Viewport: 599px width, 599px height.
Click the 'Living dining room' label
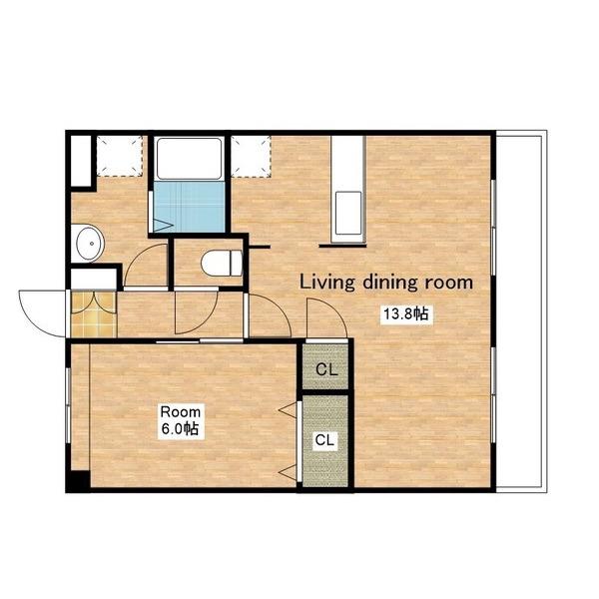coord(385,283)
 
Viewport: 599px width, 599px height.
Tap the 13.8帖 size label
coord(406,314)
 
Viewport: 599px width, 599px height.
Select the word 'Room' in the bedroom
coord(181,411)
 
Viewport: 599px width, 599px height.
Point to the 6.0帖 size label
coord(180,428)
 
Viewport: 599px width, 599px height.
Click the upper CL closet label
coord(326,369)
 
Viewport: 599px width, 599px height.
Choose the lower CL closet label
coord(324,440)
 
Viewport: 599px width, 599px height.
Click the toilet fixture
coord(222,263)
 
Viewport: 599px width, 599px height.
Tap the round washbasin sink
coord(90,244)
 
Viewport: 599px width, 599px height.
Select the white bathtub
coord(189,159)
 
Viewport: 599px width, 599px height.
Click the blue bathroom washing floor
coord(189,207)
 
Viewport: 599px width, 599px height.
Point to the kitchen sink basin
coord(348,214)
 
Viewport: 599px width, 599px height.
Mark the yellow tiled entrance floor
coord(93,314)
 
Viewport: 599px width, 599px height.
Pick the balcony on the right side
coord(521,310)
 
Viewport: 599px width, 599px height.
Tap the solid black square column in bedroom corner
coord(78,480)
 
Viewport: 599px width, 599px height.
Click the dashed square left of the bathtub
coord(120,156)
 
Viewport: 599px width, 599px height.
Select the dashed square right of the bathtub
coord(251,157)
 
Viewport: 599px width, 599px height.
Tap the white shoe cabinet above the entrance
coord(94,279)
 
